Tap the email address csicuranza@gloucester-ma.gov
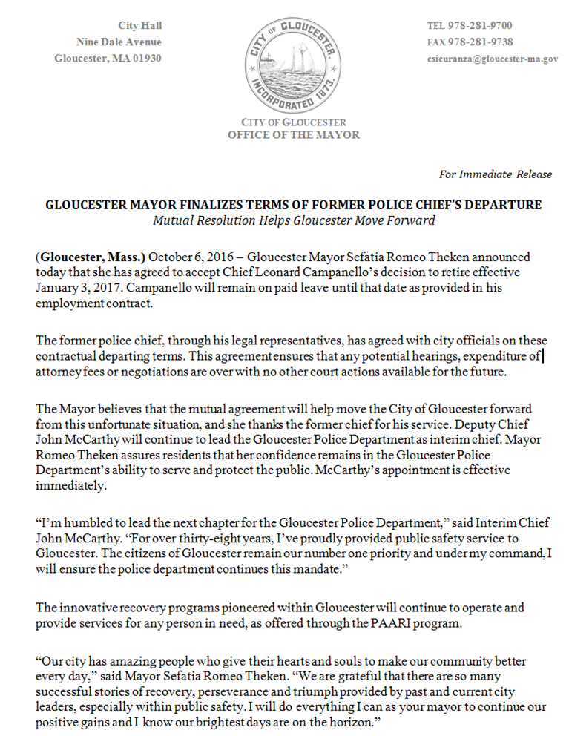(492, 59)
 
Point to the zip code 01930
(145, 59)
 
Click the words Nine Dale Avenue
(119, 42)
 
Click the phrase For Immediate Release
(496, 174)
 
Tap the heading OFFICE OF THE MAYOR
(294, 135)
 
